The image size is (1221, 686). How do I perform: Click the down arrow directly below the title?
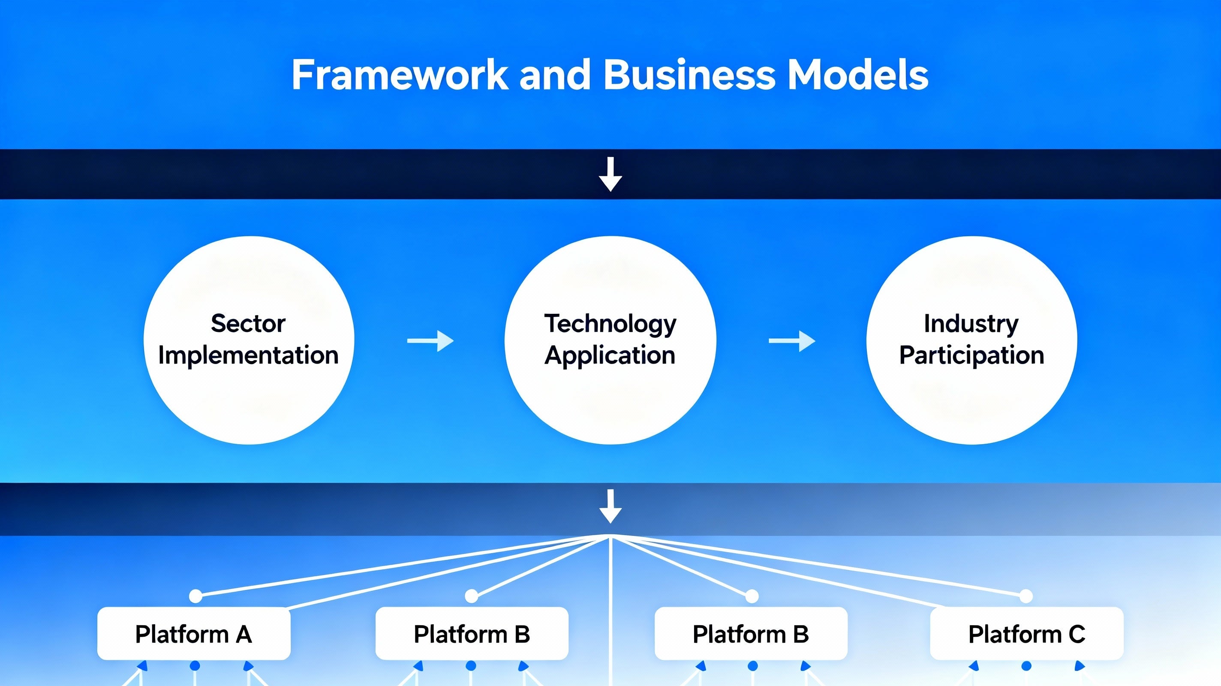(610, 174)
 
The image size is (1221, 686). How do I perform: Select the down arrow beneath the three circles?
(610, 506)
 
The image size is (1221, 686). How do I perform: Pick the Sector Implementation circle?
(249, 340)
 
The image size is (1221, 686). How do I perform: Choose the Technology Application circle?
(610, 340)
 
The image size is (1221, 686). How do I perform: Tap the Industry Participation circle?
(971, 340)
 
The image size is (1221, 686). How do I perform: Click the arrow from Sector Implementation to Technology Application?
(430, 341)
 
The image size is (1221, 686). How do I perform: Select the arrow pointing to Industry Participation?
(792, 341)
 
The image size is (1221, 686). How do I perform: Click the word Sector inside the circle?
(248, 324)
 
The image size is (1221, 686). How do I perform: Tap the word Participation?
(971, 355)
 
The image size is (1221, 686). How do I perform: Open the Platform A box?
(194, 633)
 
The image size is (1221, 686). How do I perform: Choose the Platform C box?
(1027, 633)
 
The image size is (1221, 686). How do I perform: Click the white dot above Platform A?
(196, 596)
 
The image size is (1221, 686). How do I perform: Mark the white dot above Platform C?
(1026, 596)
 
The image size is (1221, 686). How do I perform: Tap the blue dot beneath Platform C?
(1027, 666)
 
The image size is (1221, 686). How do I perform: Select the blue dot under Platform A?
(195, 666)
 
